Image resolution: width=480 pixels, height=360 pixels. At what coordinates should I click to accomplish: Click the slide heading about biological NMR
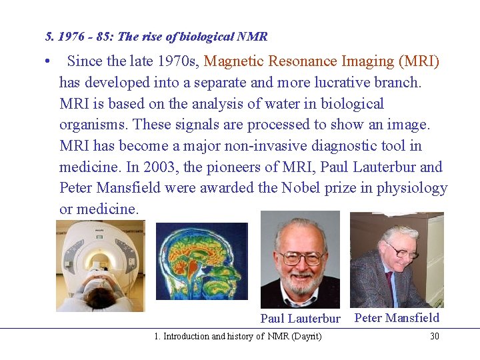156,37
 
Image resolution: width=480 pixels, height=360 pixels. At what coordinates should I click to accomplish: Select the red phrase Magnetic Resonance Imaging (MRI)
321,61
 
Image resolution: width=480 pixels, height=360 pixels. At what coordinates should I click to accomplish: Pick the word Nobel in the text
301,187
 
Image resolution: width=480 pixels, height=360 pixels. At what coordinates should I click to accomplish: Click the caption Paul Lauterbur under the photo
300,319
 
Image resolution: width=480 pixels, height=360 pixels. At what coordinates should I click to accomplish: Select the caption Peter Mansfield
397,317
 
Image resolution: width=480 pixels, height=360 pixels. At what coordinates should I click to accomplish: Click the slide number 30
435,336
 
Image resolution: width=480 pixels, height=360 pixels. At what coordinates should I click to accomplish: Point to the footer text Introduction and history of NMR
237,336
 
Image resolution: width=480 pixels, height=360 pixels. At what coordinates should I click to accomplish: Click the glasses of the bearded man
301,256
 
